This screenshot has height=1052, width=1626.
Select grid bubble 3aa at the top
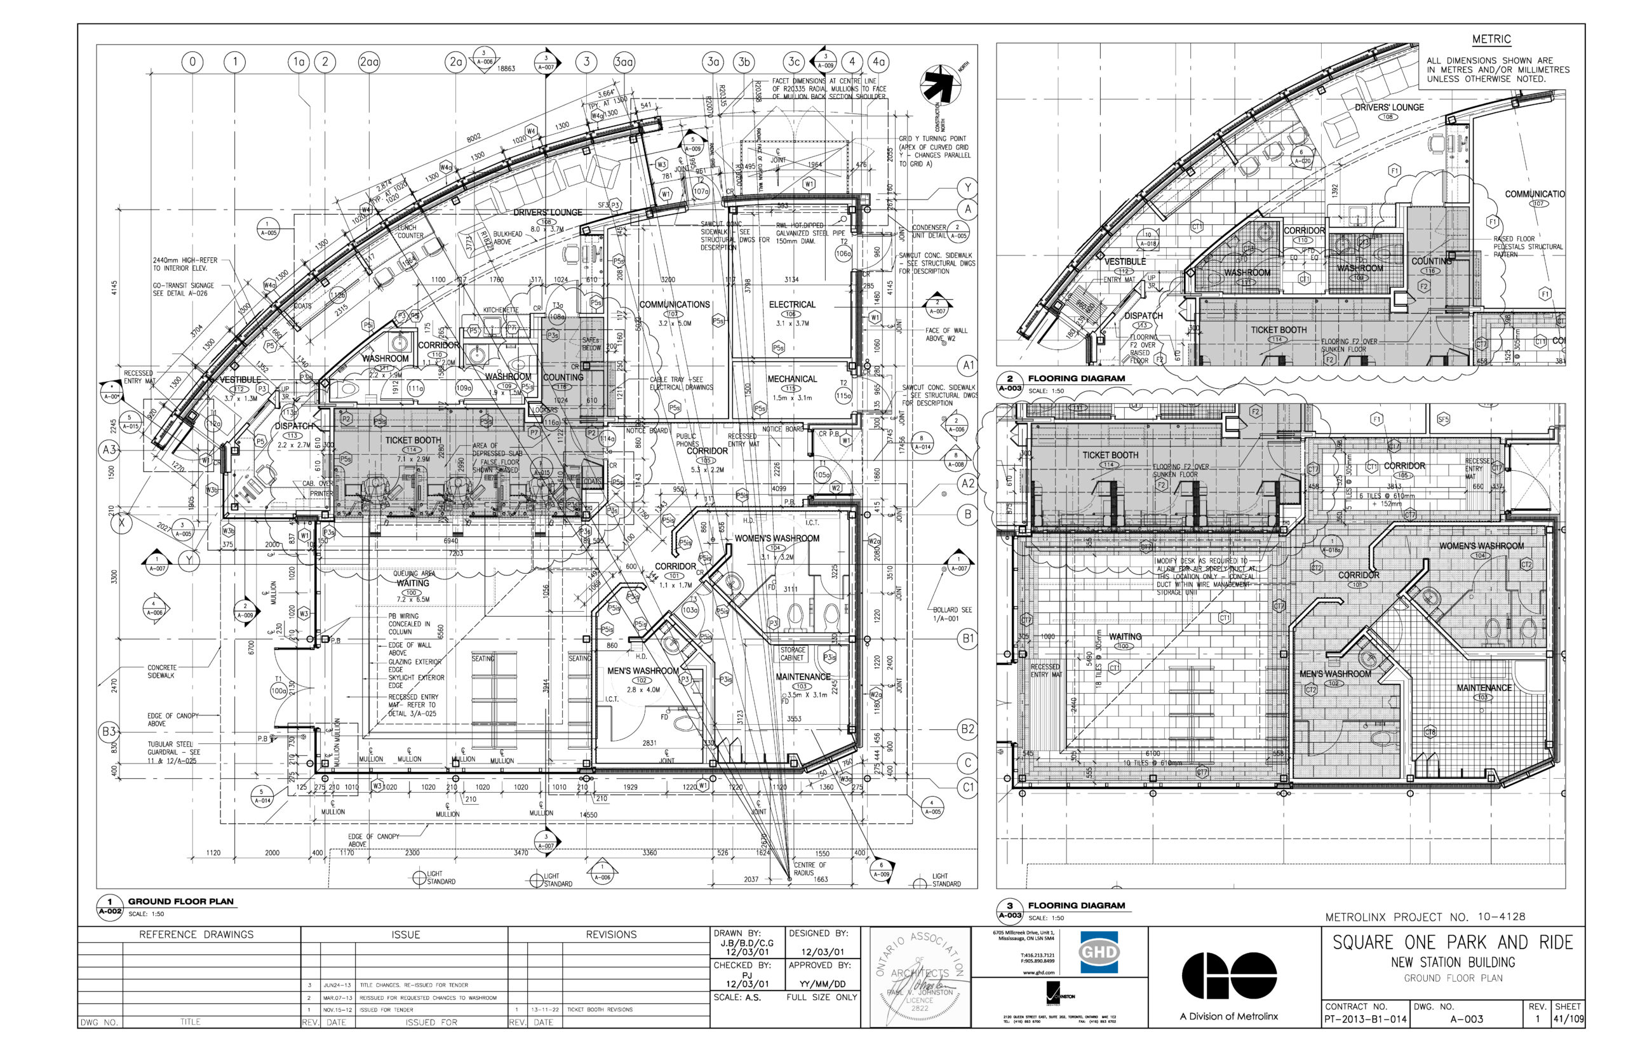(624, 62)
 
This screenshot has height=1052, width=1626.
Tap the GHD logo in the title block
(1098, 952)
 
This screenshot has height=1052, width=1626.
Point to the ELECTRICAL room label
(791, 305)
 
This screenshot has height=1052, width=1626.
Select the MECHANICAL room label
(791, 379)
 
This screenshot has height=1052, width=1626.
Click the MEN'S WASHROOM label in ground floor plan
(643, 671)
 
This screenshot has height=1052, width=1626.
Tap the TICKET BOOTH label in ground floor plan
(412, 441)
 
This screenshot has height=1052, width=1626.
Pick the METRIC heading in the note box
(1491, 39)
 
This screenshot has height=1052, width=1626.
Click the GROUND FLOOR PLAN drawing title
(180, 901)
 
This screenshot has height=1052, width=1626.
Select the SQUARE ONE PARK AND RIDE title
(1453, 943)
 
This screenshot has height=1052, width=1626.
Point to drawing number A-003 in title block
(1466, 1019)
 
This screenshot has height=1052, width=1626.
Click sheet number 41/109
(1568, 1019)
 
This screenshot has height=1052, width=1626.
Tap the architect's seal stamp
(919, 977)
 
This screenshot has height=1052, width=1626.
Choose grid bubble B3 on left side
(109, 732)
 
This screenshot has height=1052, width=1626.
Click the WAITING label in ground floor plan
(412, 583)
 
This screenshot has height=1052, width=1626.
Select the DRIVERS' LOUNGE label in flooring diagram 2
(1389, 108)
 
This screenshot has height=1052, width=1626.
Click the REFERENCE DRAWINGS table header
(196, 934)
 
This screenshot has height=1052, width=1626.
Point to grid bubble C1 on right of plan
(968, 787)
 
